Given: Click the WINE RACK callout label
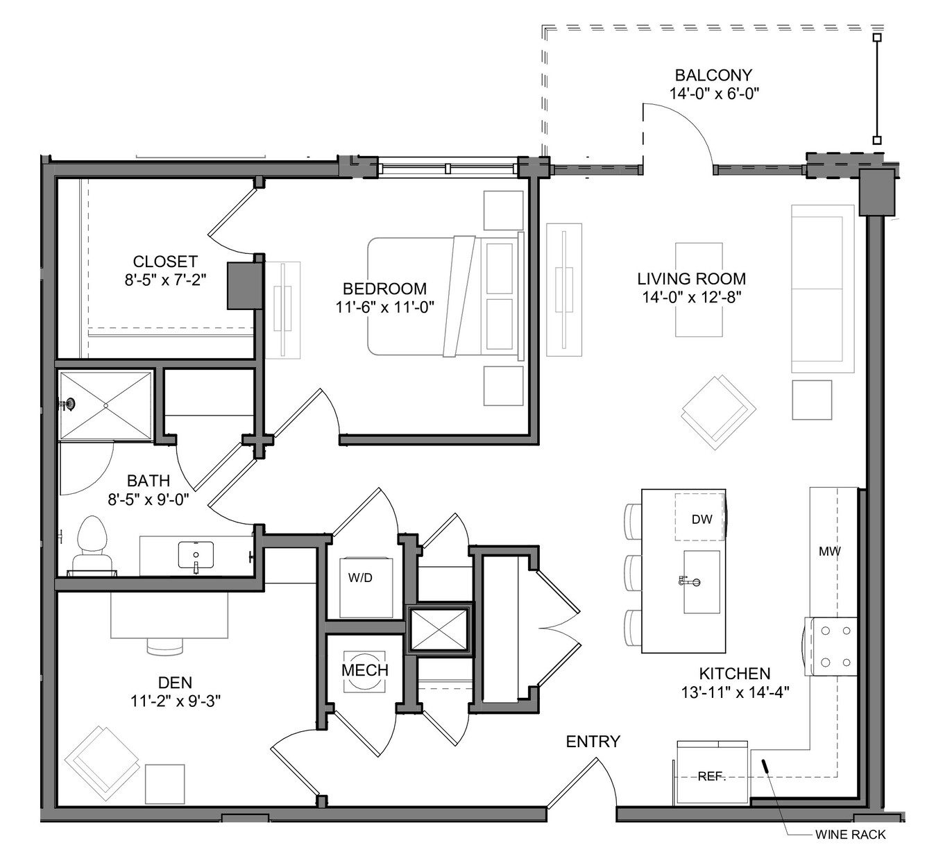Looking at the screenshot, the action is click(850, 835).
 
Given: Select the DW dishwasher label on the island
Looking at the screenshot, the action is click(702, 520).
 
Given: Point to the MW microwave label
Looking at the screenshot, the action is click(830, 551).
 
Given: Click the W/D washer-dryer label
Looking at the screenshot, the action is click(360, 578).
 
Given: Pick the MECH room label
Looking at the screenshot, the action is click(365, 670).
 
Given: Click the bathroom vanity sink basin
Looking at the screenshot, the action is click(196, 554).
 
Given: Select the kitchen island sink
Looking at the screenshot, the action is click(701, 582).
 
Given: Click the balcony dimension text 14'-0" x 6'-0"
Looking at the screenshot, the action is click(715, 94).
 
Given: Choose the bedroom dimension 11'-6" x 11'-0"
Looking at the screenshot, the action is click(385, 307).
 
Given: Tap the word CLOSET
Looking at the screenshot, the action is click(165, 262).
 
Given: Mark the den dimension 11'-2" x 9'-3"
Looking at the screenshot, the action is click(176, 701).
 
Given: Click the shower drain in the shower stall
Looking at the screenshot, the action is click(106, 405).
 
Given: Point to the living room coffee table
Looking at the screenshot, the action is click(699, 290).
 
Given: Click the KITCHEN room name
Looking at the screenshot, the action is click(735, 674).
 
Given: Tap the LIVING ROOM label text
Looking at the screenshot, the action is click(692, 279).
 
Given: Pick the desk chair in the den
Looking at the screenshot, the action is click(165, 647).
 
